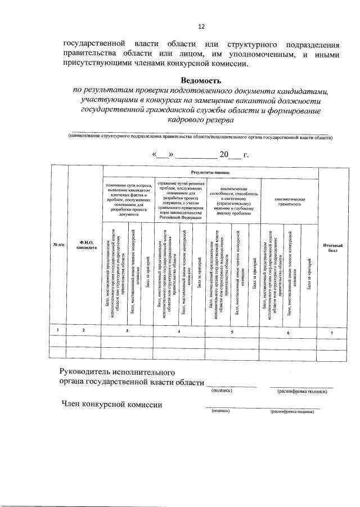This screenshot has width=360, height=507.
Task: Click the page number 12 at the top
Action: tap(201, 26)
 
